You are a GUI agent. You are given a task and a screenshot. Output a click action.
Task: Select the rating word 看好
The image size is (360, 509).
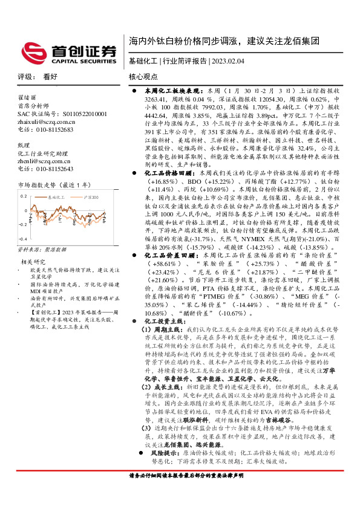pos(51,76)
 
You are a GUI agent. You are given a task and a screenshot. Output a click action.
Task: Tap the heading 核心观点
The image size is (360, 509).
pos(143,76)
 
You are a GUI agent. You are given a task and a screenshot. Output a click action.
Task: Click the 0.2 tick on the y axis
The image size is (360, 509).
pos(24,196)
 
